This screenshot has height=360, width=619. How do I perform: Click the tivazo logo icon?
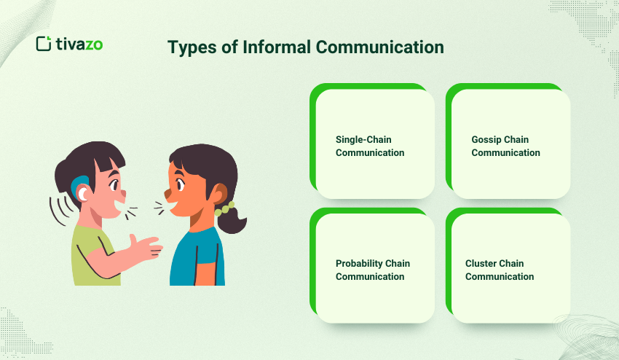(x=44, y=44)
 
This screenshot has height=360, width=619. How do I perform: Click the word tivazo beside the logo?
(x=79, y=44)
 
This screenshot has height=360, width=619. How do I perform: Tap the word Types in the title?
(x=190, y=48)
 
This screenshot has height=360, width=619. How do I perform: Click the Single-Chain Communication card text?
(x=369, y=146)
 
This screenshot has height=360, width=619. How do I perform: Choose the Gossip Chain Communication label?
(x=505, y=146)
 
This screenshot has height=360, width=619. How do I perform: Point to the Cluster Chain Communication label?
(x=500, y=270)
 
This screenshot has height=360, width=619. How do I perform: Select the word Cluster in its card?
(x=481, y=263)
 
